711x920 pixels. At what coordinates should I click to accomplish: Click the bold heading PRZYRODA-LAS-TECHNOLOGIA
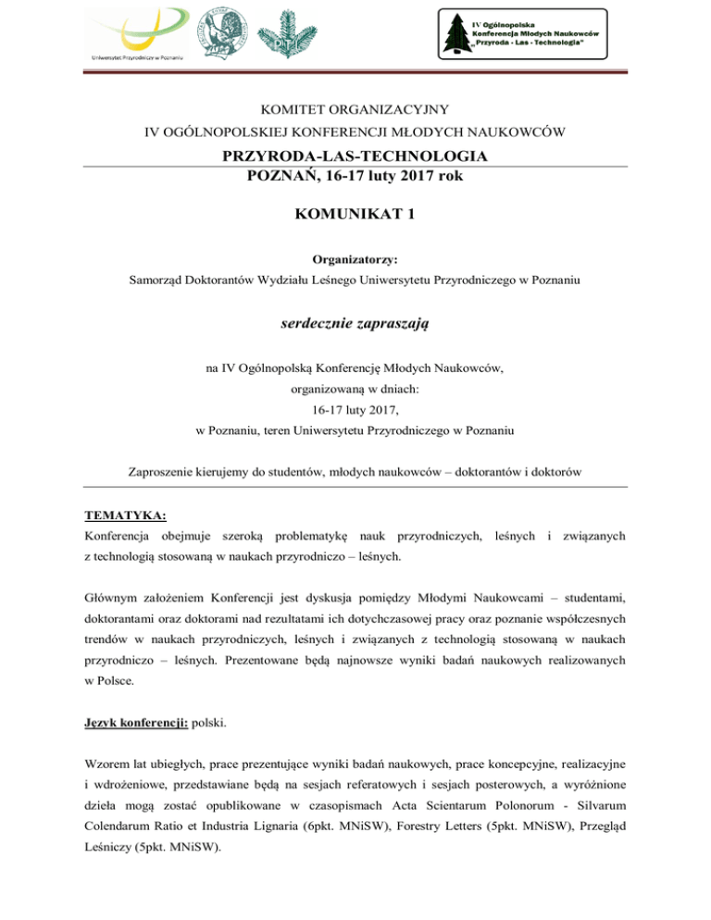355,155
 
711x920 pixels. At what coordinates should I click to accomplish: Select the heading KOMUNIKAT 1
355,216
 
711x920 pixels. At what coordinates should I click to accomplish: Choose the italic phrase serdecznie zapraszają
355,325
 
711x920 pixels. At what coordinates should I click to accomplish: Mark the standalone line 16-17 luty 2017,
355,410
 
